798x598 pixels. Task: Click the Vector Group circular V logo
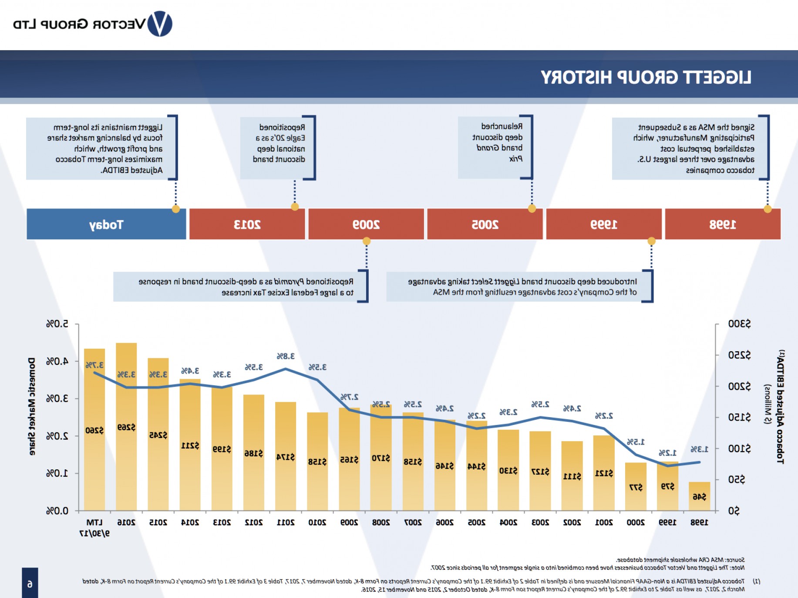tap(160, 24)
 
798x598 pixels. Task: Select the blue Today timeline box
tap(106, 224)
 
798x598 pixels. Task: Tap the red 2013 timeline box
tap(247, 224)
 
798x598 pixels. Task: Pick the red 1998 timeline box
tap(723, 224)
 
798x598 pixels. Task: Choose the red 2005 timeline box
tap(485, 224)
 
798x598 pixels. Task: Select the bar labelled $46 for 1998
tap(699, 496)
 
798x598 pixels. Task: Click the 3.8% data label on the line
tap(286, 356)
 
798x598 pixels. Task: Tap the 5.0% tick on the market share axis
tap(57, 324)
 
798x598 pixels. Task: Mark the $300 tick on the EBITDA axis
tap(739, 324)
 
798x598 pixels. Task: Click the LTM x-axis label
tap(94, 523)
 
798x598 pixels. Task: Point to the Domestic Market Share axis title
tap(32, 406)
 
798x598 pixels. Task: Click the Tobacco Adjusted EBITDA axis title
tap(780, 406)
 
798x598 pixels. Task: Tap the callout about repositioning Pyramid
tap(240, 287)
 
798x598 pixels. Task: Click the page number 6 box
tap(30, 583)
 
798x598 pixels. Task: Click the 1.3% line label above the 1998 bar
tap(699, 449)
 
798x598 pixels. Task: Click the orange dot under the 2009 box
tap(367, 241)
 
